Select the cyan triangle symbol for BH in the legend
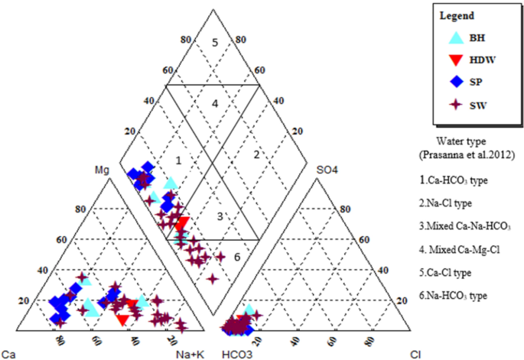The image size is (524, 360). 455,37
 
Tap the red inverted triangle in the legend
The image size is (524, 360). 455,60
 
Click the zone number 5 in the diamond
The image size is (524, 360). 216,42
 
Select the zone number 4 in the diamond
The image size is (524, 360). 216,103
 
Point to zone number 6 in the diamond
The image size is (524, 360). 237,257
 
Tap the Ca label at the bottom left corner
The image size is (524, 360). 8,354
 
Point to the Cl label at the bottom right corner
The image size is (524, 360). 415,354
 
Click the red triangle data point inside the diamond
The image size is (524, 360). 182,223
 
